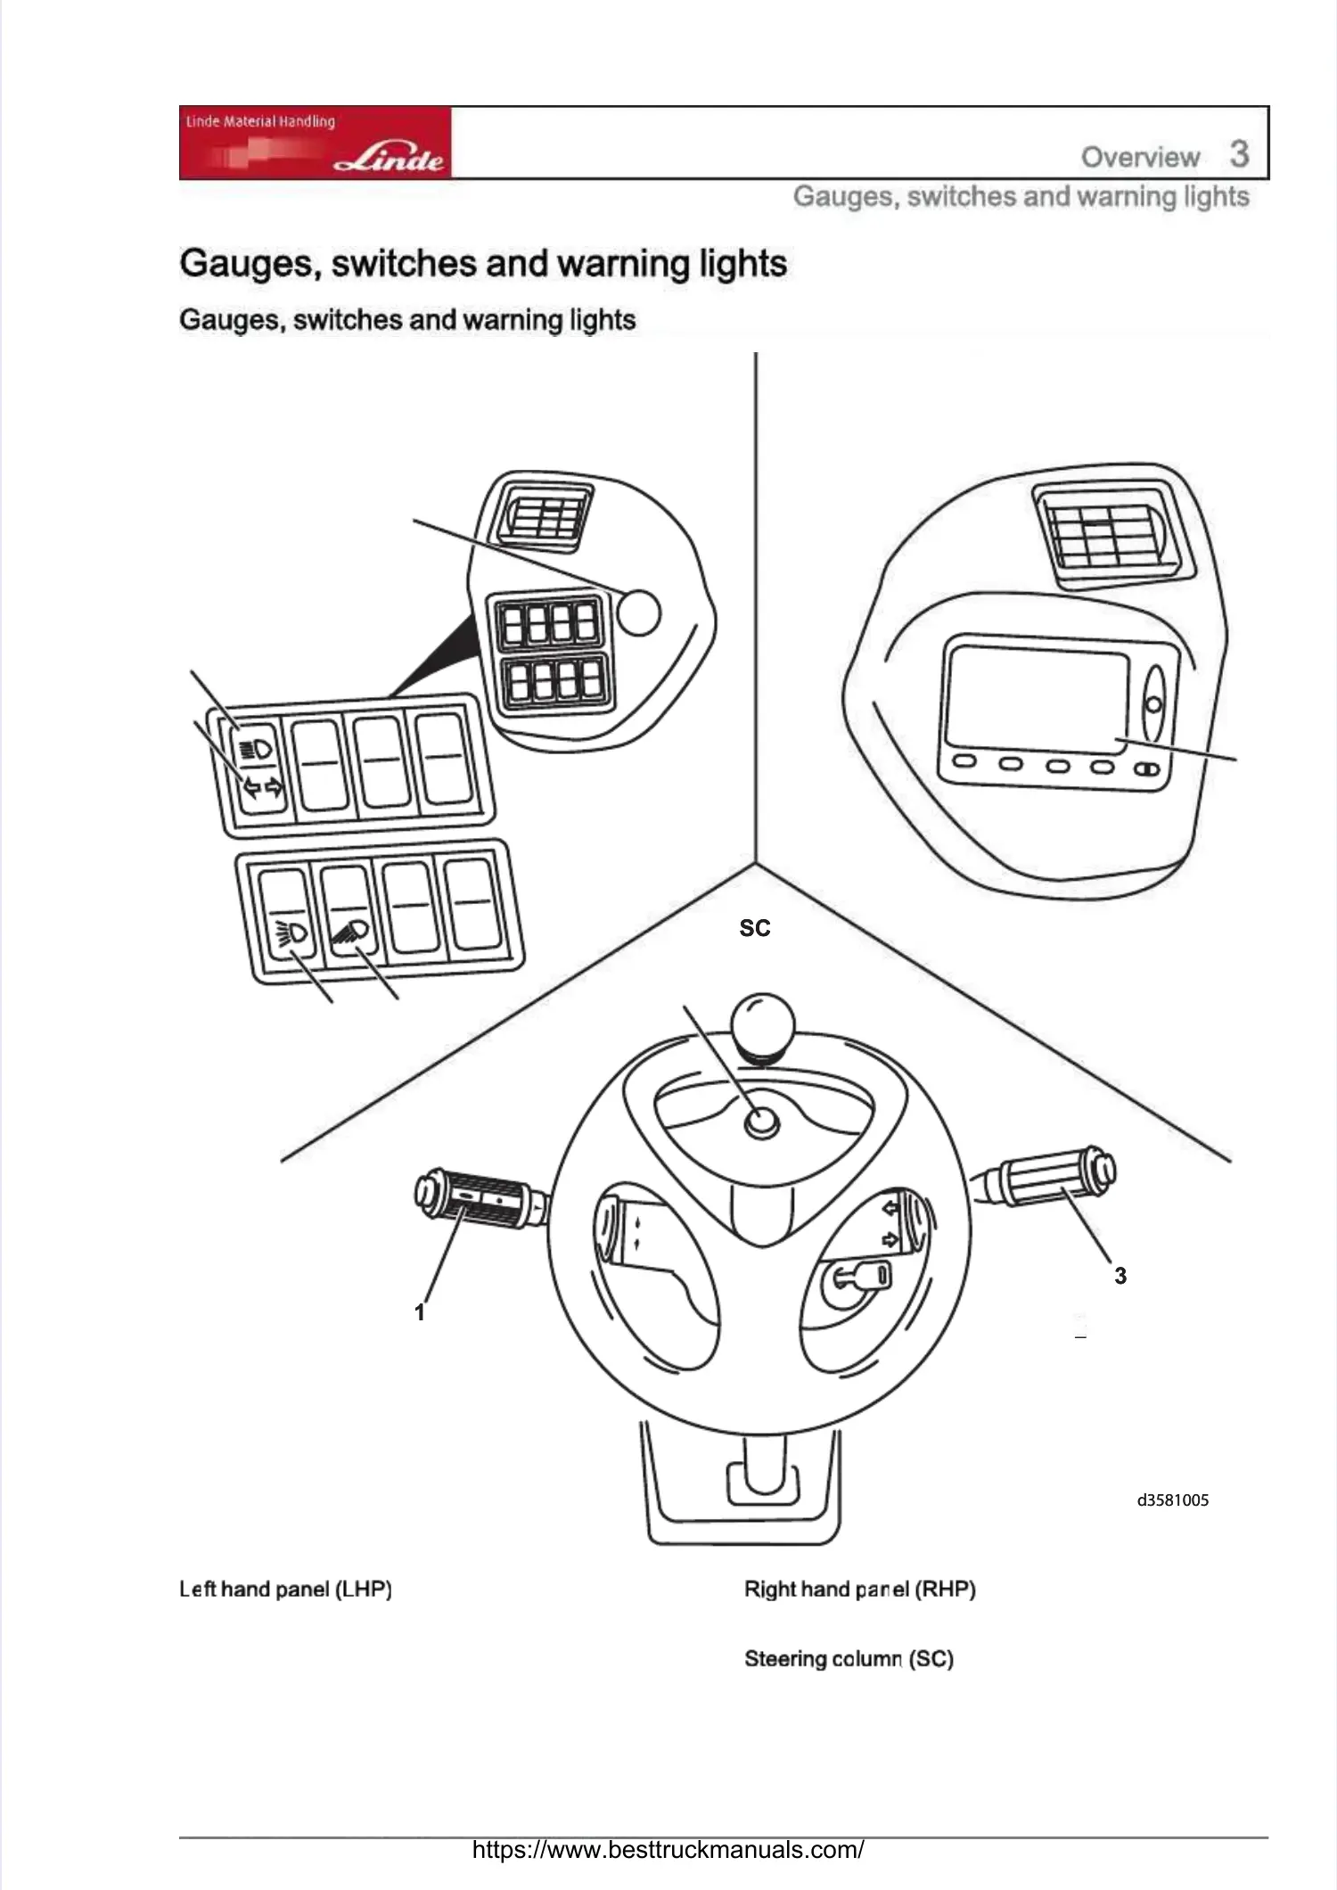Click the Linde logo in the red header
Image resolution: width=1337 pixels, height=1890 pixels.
390,160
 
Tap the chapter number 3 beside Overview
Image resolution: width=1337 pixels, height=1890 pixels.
1239,154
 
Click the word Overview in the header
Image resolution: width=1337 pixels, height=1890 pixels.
1140,158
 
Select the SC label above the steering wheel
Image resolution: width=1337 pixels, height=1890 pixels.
754,928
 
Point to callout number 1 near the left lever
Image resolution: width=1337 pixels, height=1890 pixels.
420,1312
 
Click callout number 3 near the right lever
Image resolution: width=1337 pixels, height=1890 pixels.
1120,1276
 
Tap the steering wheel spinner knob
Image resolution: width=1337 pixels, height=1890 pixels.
759,1024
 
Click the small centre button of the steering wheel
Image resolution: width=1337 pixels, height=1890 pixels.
761,1123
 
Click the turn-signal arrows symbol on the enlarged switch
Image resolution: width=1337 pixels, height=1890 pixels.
263,787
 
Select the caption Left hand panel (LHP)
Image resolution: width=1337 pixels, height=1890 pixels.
286,1589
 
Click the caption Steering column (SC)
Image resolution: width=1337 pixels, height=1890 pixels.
849,1659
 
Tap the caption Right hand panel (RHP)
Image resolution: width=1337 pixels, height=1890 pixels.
859,1589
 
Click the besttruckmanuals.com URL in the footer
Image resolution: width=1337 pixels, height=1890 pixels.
668,1849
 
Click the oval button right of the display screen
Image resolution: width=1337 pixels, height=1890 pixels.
1153,704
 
